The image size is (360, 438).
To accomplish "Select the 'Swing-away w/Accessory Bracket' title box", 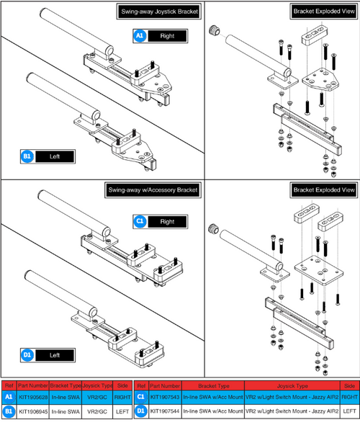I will coord(153,189).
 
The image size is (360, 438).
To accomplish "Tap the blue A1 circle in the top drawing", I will coord(140,35).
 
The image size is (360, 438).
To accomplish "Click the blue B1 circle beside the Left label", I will coord(27,155).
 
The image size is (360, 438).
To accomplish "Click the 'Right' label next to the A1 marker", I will coord(166,35).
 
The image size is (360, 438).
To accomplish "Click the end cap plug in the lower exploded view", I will coord(213,230).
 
